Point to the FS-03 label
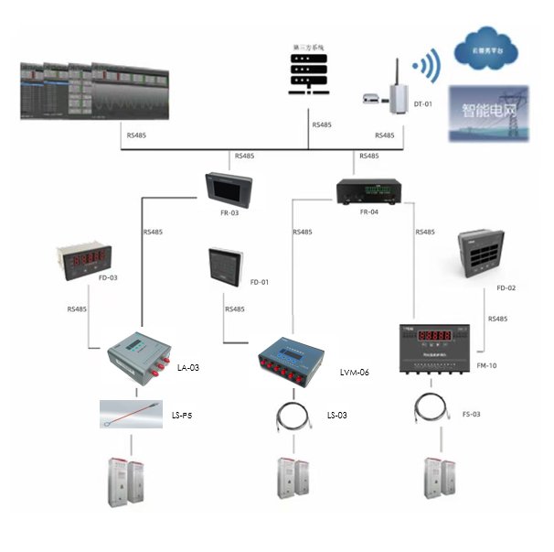(471, 414)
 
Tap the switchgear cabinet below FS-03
(437, 482)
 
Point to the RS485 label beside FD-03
(78, 308)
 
